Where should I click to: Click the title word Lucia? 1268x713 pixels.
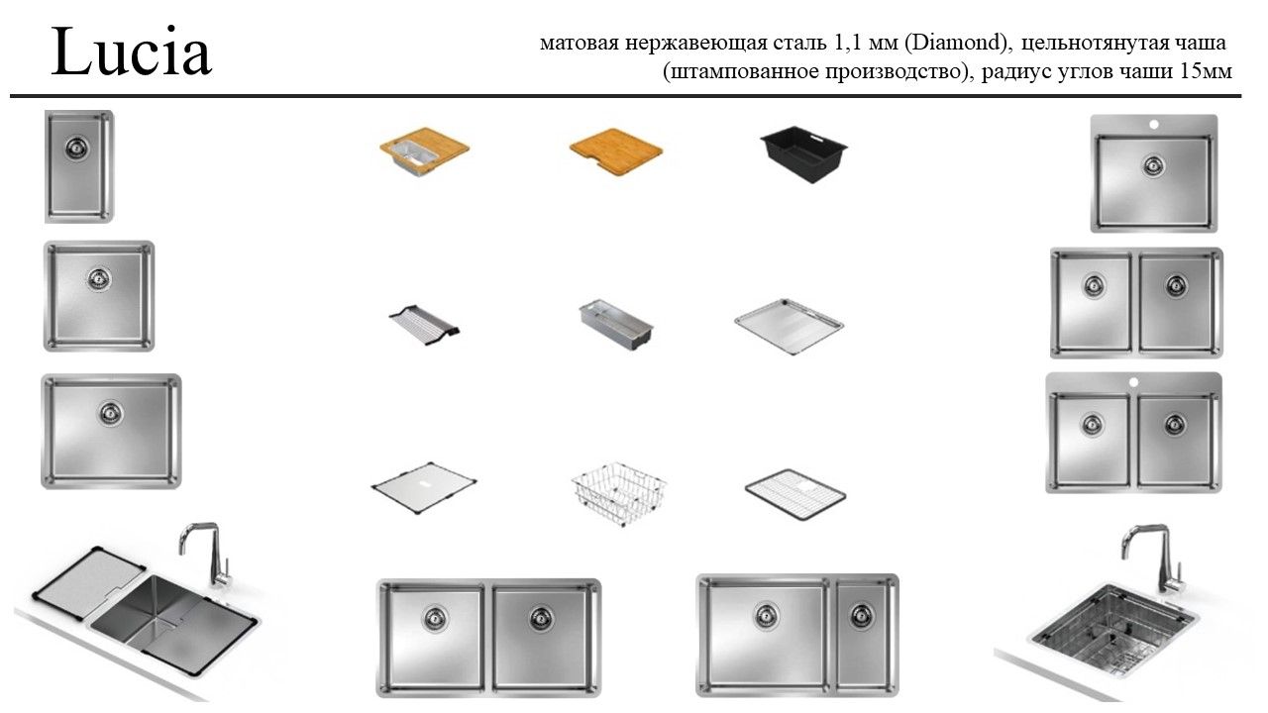pyautogui.click(x=132, y=52)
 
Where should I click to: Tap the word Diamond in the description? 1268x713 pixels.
pyautogui.click(x=956, y=43)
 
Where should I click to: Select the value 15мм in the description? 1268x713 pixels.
pyautogui.click(x=1206, y=71)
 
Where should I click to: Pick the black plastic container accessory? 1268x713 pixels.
pyautogui.click(x=803, y=154)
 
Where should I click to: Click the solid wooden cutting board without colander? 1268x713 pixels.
pyautogui.click(x=616, y=152)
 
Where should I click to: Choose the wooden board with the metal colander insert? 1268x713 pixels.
pyautogui.click(x=425, y=152)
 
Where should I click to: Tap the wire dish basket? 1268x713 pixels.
pyautogui.click(x=619, y=493)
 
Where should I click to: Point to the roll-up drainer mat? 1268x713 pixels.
pyautogui.click(x=424, y=324)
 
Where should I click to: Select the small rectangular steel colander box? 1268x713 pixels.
pyautogui.click(x=616, y=324)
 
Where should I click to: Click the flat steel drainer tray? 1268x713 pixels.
pyautogui.click(x=790, y=327)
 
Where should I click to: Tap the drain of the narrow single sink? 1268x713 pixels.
pyautogui.click(x=76, y=149)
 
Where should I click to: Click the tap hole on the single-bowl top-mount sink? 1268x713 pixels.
pyautogui.click(x=1154, y=124)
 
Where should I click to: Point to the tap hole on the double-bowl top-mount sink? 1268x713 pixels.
pyautogui.click(x=1133, y=382)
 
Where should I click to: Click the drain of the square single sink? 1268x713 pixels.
pyautogui.click(x=99, y=279)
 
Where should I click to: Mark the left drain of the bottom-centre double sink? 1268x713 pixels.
pyautogui.click(x=435, y=619)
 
